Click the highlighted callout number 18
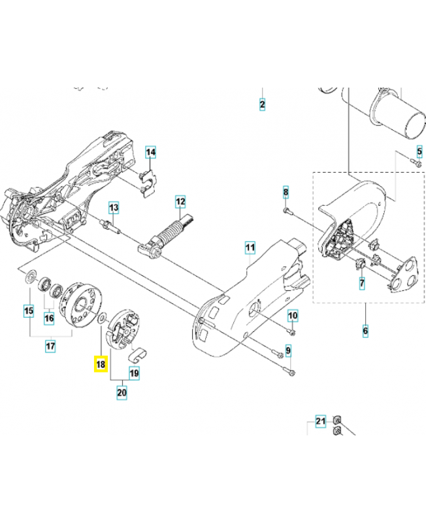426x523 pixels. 101,363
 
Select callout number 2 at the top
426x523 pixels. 262,105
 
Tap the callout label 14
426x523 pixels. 150,152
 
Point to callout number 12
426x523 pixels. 180,201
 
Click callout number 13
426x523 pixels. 113,208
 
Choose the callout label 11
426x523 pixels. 249,247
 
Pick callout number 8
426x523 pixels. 286,192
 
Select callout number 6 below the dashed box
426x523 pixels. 365,331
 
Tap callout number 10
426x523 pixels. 293,316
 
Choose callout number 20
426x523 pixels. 122,392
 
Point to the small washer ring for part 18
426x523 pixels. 101,320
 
